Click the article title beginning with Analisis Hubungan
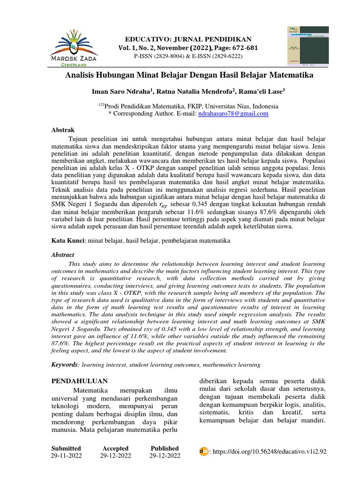point(189,75)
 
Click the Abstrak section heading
point(63,130)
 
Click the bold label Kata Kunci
point(67,240)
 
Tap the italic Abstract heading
point(62,255)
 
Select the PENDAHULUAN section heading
point(79,380)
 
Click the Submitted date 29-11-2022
point(66,456)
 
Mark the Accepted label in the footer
point(115,448)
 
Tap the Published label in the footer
point(165,448)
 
